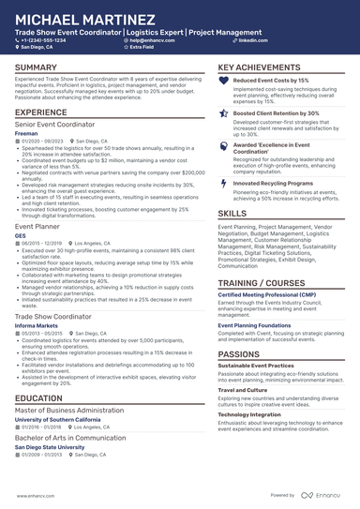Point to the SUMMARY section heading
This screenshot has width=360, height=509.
[x=36, y=68]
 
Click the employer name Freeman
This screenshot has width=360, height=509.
[x=27, y=134]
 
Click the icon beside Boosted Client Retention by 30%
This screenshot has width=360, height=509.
[x=223, y=112]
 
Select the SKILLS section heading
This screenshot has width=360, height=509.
[x=232, y=214]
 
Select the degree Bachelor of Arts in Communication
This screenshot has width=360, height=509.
[x=68, y=437]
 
